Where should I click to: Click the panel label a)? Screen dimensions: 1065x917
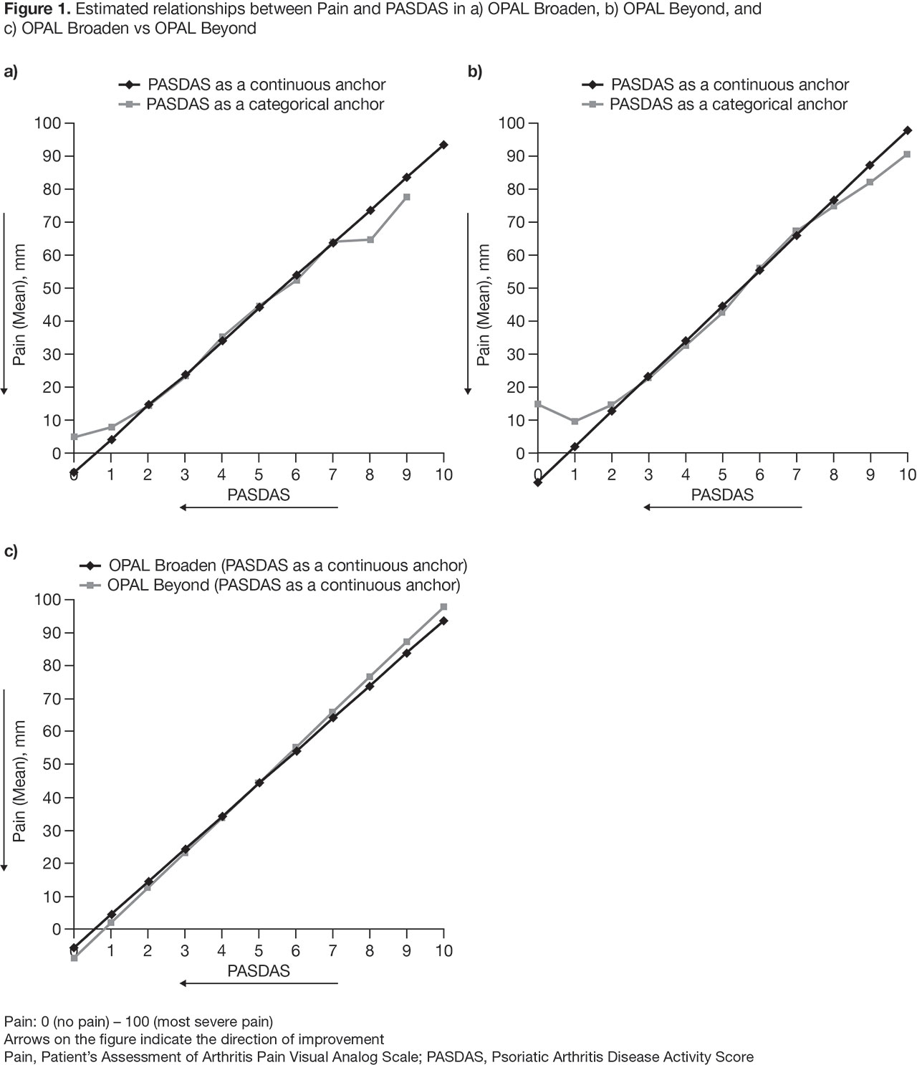[x=11, y=71]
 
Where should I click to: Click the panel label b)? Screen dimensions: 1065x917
[x=475, y=71]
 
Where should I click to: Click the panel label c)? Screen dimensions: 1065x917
[x=11, y=551]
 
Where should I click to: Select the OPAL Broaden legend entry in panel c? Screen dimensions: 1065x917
[x=287, y=565]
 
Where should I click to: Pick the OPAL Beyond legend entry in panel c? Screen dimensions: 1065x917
[x=284, y=585]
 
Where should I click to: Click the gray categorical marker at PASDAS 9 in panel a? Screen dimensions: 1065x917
[x=407, y=197]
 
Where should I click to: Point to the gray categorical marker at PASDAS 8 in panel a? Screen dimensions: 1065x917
[x=370, y=239]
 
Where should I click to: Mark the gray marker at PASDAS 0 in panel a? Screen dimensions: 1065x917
[x=74, y=436]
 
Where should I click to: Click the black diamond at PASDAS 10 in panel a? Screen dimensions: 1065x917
[x=443, y=145]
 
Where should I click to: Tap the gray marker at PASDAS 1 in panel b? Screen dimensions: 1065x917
[x=575, y=421]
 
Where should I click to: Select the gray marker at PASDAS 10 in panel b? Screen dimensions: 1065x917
[x=907, y=154]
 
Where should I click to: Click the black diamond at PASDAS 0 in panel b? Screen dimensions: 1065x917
[x=538, y=482]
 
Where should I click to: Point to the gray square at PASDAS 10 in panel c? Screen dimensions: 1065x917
[x=443, y=607]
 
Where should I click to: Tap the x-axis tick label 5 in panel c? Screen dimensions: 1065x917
[x=259, y=951]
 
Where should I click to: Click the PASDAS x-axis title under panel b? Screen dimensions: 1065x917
[x=722, y=495]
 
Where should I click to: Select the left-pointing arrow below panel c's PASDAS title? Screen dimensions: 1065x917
[x=259, y=983]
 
